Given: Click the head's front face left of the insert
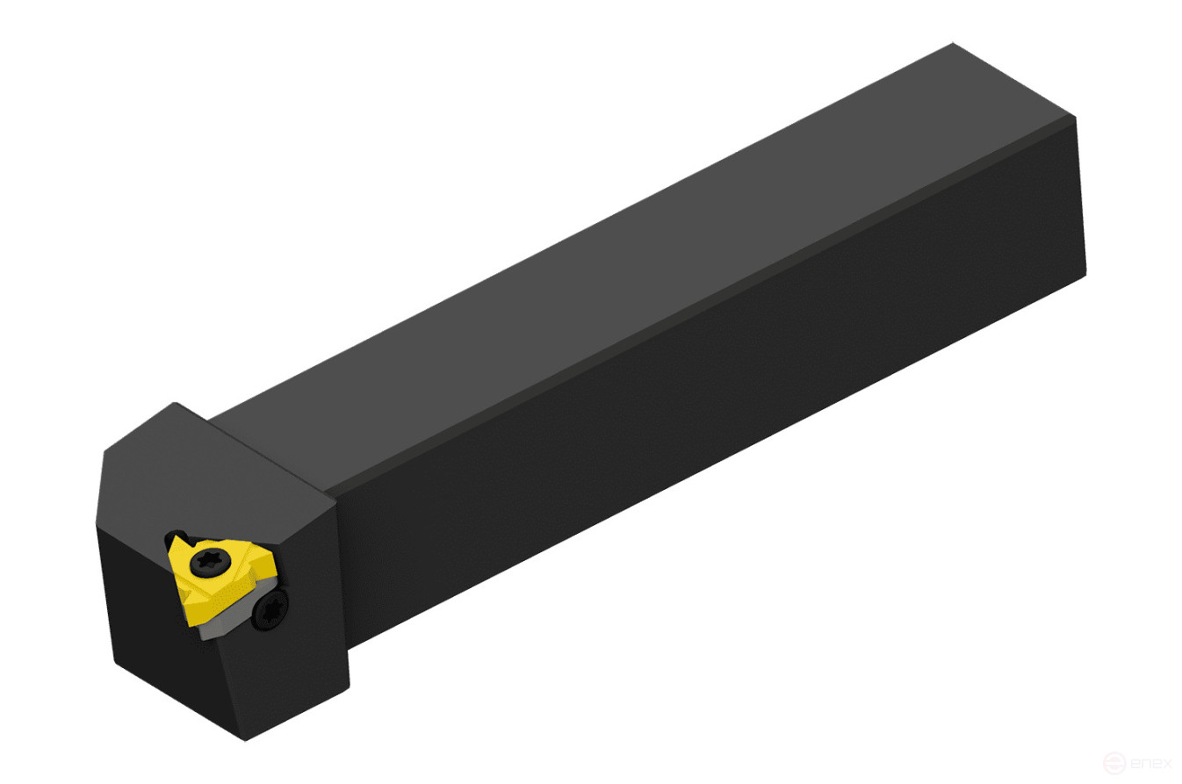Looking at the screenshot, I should point(141,597).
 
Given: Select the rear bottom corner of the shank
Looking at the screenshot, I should point(1085,274).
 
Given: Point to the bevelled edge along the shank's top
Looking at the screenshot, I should point(703,303).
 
